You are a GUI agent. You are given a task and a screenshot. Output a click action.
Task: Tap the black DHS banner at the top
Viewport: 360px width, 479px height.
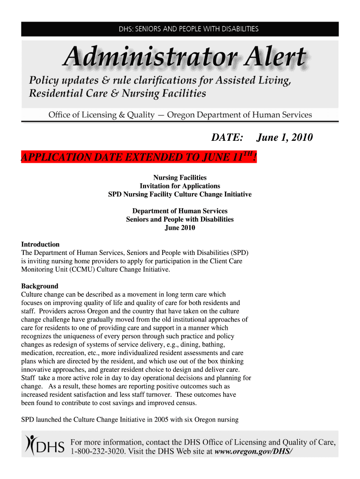click(x=180, y=29)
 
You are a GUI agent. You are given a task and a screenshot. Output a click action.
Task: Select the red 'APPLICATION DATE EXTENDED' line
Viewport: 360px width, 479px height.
click(x=139, y=157)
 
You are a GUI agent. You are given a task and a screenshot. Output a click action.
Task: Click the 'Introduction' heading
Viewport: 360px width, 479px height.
click(x=41, y=244)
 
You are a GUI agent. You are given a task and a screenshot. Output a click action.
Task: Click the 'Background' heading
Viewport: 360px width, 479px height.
click(x=40, y=286)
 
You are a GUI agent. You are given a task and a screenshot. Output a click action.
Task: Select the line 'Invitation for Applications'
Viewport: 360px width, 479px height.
click(x=180, y=186)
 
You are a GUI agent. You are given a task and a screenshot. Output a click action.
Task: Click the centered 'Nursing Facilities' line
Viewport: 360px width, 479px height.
click(x=180, y=177)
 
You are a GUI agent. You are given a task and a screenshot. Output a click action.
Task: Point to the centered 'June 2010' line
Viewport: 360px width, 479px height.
click(x=180, y=228)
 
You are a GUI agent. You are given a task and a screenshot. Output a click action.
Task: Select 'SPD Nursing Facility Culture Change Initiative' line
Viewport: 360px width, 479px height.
click(x=180, y=194)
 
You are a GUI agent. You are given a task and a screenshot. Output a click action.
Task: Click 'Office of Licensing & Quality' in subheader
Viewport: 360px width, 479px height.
click(x=101, y=115)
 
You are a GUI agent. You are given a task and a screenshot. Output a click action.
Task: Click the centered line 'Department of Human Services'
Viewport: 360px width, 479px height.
click(x=180, y=211)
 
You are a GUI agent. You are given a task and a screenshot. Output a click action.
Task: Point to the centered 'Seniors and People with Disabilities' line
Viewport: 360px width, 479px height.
click(x=180, y=219)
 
